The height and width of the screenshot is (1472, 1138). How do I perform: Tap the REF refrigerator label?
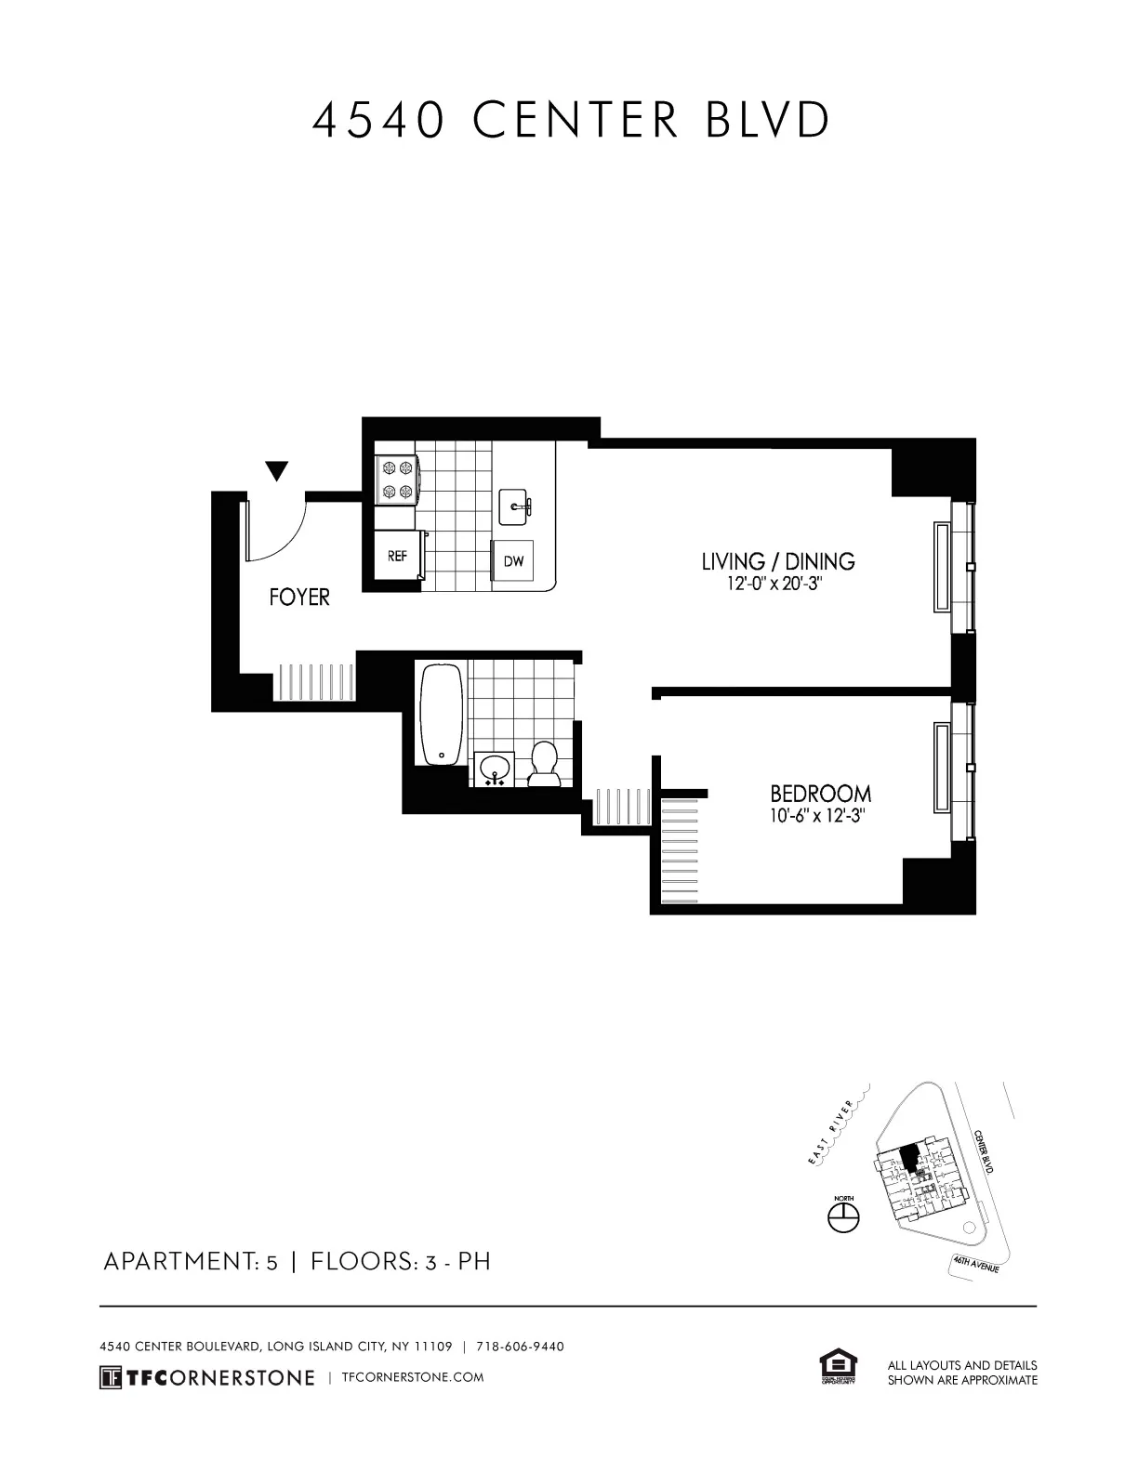point(397,557)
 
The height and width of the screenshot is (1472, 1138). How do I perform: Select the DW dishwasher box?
point(512,561)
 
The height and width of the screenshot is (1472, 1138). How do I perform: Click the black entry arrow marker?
point(276,471)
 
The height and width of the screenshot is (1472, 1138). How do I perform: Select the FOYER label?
point(299,597)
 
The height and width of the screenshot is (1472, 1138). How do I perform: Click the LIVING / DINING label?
point(777,561)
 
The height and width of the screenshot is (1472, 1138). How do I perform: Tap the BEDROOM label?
point(820,794)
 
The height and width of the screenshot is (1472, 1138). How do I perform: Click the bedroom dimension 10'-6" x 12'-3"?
point(820,818)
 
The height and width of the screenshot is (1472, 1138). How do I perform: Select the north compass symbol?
point(843,1217)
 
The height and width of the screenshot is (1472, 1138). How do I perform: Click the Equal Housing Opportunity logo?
point(839,1368)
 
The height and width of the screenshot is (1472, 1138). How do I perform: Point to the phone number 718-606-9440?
point(520,1347)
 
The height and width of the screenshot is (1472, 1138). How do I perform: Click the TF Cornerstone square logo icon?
point(111,1377)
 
